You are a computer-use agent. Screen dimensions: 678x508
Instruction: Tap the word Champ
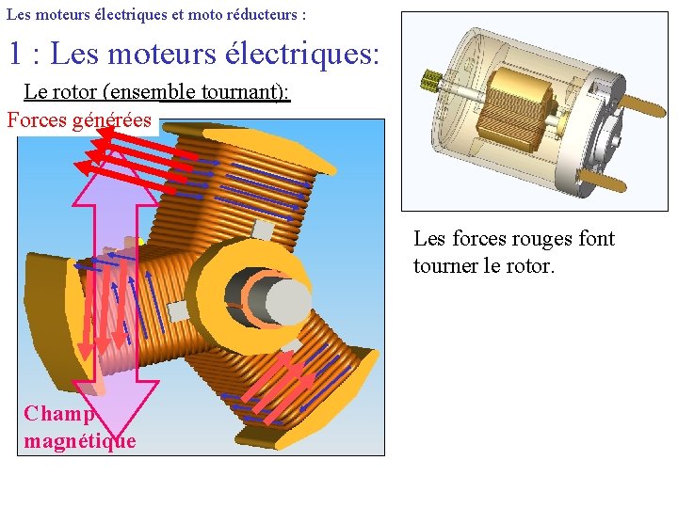coord(59,414)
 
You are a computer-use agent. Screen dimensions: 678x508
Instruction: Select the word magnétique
coord(80,440)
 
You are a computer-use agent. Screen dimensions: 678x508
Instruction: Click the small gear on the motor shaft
coord(434,81)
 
